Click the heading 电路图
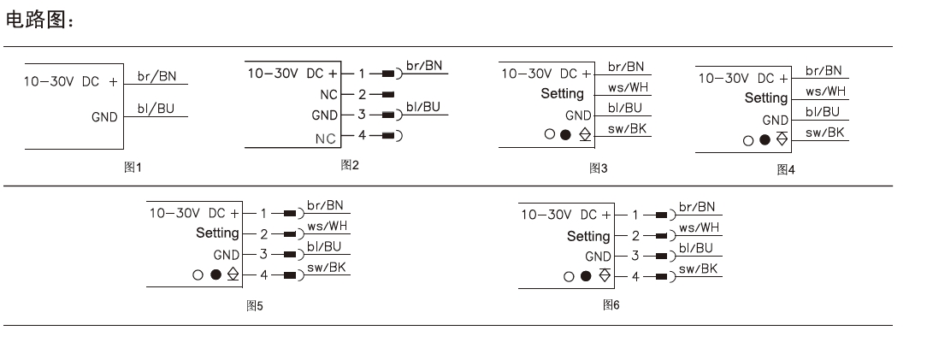[x=39, y=20]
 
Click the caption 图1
[x=133, y=168]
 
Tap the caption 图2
[x=350, y=164]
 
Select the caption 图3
[x=598, y=168]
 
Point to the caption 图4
[x=785, y=169]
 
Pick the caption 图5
[x=254, y=305]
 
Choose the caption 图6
[x=611, y=304]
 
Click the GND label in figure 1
[x=104, y=117]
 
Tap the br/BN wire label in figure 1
[x=157, y=76]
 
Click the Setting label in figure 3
[x=562, y=94]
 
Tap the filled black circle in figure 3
[x=564, y=134]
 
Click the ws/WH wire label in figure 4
[x=825, y=91]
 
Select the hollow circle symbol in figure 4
[x=748, y=140]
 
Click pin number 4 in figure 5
[x=264, y=274]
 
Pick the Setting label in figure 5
[x=217, y=233]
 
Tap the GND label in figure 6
[x=598, y=257]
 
